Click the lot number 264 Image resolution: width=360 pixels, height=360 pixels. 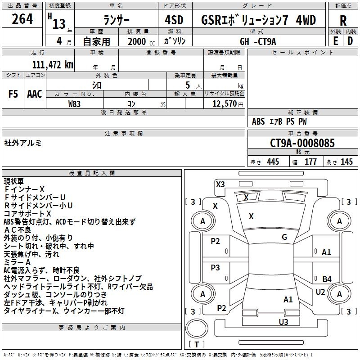pos(22,19)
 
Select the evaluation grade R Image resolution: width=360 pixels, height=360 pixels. pos(343,21)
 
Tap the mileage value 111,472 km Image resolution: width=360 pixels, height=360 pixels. pos(53,65)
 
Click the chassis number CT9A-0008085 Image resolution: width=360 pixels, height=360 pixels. pos(302,144)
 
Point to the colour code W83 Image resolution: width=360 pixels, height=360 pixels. pos(75,103)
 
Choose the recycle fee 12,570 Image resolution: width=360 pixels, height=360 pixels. pos(224,103)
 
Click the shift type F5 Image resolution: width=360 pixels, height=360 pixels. pos(13,94)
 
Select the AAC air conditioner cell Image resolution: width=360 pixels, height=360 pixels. pos(35,94)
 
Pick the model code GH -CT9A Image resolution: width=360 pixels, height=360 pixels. pos(258,41)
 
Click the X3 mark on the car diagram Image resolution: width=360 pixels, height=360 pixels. pos(220,184)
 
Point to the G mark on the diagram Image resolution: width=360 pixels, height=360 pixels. pos(284,237)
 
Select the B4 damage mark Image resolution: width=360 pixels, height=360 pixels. pos(327,279)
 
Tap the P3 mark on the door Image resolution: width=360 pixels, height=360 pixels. pos(216,268)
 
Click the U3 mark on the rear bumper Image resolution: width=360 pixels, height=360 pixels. pos(283,322)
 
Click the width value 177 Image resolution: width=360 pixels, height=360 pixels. pos(310,162)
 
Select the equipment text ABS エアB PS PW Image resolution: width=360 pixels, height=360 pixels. pos(280,121)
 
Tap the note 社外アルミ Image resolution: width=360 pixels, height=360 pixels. pos(23,143)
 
